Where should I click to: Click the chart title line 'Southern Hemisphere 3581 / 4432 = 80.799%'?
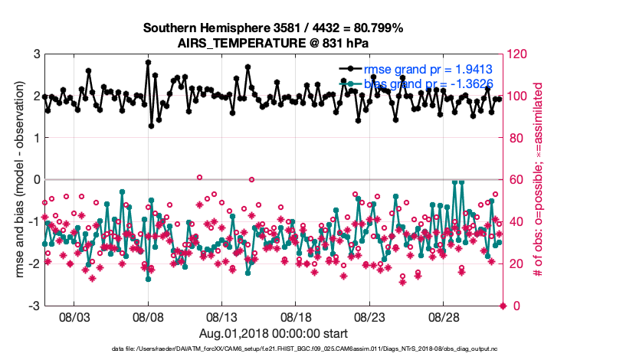click(274, 28)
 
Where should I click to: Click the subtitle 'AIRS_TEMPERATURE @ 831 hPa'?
click(274, 43)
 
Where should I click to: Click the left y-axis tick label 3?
click(36, 54)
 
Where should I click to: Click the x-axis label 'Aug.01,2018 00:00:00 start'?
click(274, 333)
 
